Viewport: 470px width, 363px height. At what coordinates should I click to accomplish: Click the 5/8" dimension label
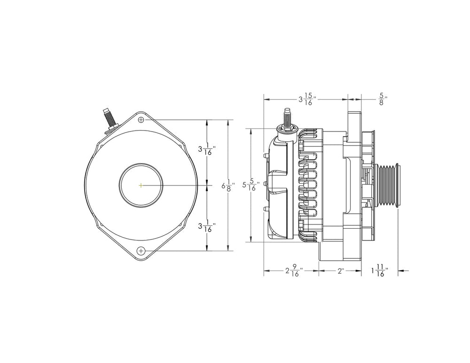382,99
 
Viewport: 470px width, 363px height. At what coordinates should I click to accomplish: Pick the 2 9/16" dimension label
294,271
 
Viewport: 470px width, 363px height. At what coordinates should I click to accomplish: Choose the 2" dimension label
341,271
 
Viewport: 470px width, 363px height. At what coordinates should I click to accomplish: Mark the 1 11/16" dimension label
379,271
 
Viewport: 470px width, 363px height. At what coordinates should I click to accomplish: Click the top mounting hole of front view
141,120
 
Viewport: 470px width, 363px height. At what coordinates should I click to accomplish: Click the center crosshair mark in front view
141,185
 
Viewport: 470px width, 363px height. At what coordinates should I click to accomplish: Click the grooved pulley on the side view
387,185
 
